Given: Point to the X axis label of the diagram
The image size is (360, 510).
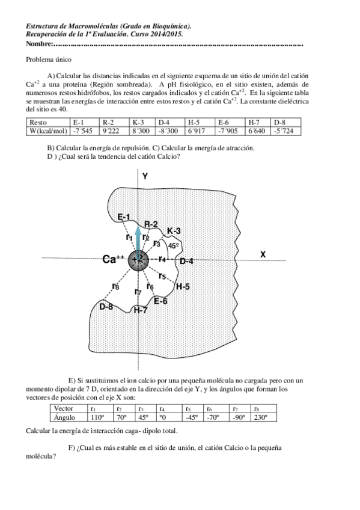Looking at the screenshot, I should click(263, 254).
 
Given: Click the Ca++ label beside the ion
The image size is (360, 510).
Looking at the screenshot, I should click(113, 259).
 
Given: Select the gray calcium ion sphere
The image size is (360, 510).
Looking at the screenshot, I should click(139, 259).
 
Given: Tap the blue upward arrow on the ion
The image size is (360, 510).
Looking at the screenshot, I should click(139, 238).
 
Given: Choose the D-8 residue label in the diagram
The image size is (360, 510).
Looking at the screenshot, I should click(106, 307).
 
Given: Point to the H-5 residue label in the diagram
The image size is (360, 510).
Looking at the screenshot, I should click(183, 287).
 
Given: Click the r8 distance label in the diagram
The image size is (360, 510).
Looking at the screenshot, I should click(115, 286).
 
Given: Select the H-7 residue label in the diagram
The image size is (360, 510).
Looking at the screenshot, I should click(140, 310).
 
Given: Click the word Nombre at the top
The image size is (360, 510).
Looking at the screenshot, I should click(39, 45).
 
